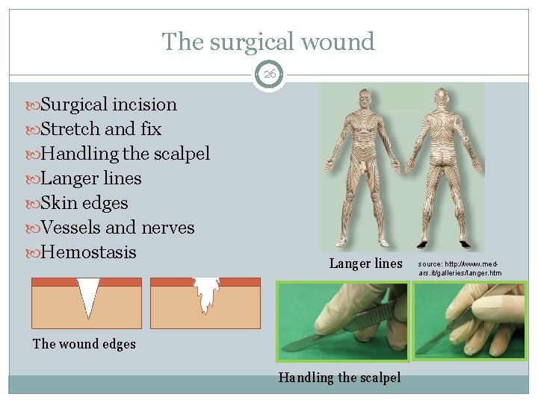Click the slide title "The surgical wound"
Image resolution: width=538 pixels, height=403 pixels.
(x=268, y=41)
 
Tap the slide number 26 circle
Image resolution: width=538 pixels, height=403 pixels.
(x=268, y=75)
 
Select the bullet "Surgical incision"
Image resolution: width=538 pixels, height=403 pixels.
(x=109, y=104)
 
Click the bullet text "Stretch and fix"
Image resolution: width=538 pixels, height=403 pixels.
(x=101, y=129)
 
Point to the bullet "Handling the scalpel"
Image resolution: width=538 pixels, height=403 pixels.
(x=126, y=154)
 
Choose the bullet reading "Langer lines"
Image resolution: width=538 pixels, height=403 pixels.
(x=91, y=178)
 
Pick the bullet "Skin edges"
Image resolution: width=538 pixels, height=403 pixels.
(x=84, y=203)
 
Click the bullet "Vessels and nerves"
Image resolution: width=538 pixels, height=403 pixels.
(x=118, y=228)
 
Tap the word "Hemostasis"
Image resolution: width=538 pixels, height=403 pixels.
(x=89, y=252)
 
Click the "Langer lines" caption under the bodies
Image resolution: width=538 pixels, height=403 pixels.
(x=365, y=263)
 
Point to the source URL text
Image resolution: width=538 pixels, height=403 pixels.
(x=459, y=269)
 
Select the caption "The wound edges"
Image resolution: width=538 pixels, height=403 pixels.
(x=84, y=344)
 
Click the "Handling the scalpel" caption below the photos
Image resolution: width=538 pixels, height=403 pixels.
(x=339, y=378)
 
